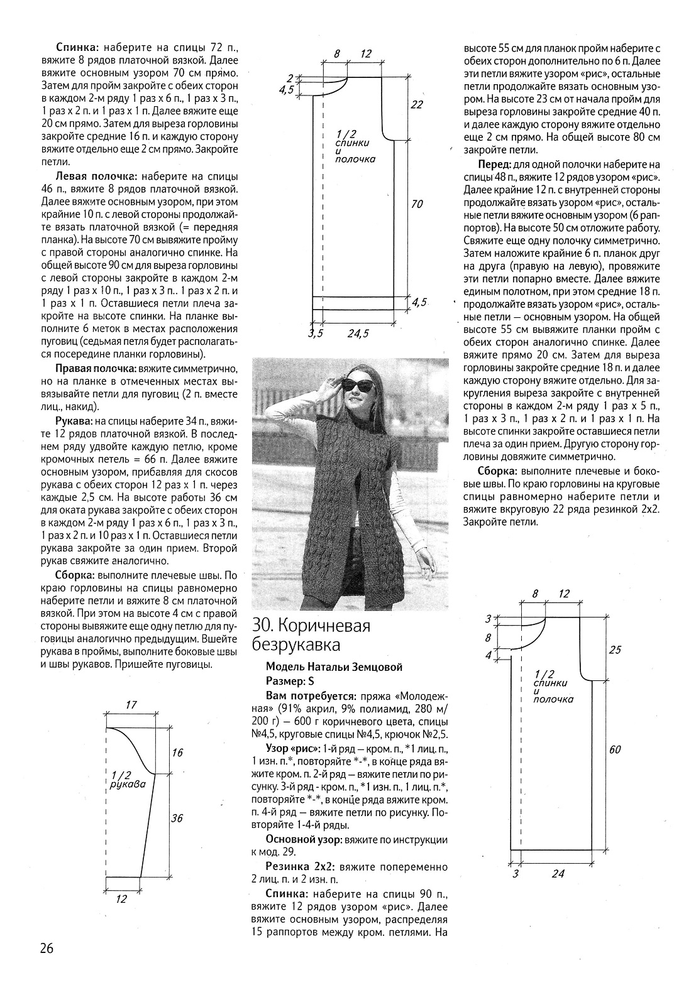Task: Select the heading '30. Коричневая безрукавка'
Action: click(311, 635)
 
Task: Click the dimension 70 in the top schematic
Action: click(416, 204)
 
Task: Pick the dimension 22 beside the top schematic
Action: click(416, 105)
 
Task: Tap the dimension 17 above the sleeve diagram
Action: click(131, 705)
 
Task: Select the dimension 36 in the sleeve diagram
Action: click(177, 818)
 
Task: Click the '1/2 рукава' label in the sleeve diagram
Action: click(127, 780)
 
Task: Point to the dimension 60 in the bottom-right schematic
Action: click(614, 749)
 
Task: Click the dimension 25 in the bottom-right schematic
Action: click(614, 650)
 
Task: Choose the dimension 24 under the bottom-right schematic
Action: click(557, 873)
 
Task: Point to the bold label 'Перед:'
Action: click(495, 164)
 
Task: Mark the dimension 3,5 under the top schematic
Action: click(316, 334)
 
